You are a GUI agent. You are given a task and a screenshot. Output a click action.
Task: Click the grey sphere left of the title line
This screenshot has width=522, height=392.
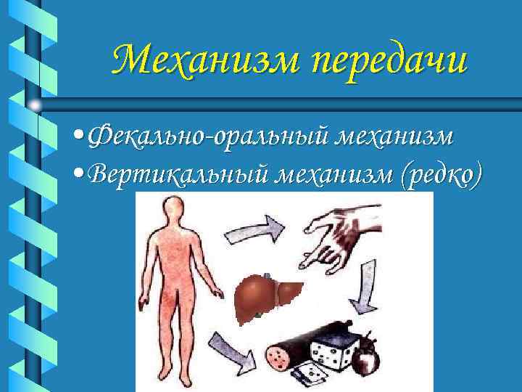point(35,105)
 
